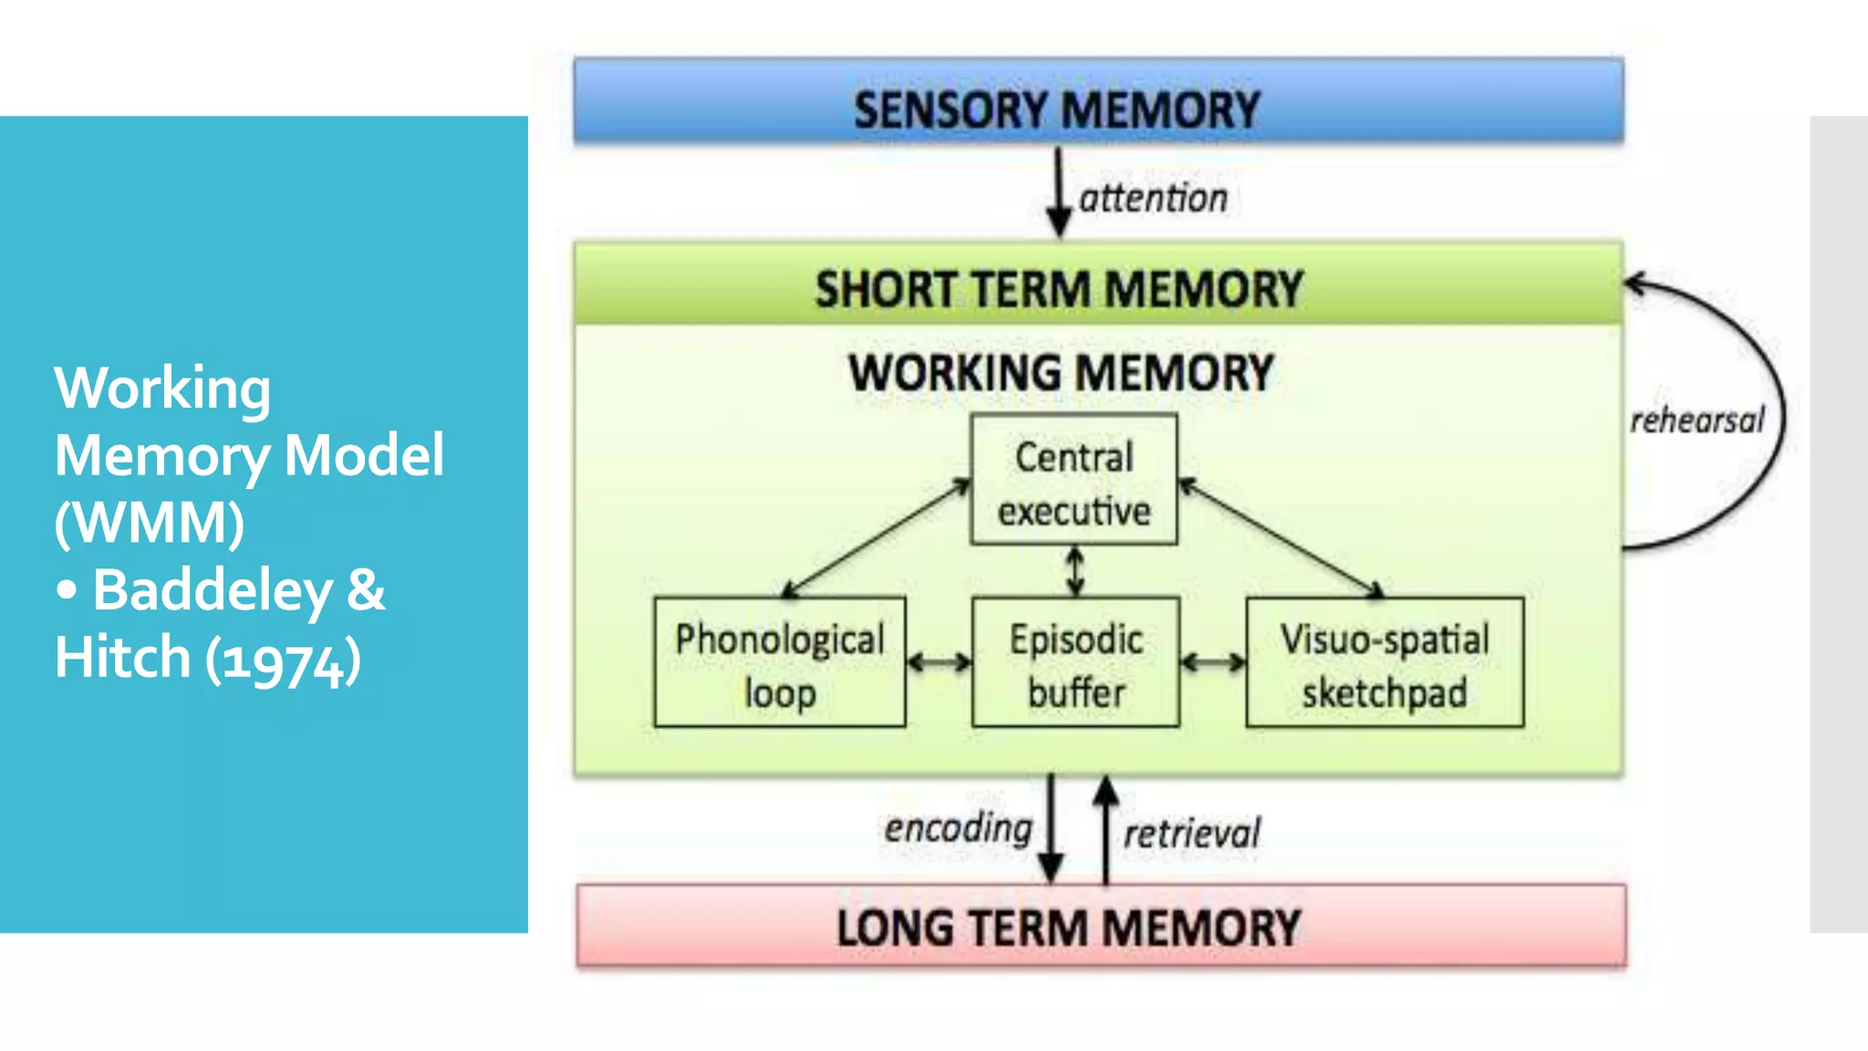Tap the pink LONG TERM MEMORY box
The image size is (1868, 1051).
tap(1101, 926)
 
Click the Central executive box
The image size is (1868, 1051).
tap(1074, 481)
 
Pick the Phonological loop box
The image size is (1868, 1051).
tap(780, 663)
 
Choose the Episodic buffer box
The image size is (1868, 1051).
tap(1075, 663)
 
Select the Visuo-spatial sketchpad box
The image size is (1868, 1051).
tap(1384, 663)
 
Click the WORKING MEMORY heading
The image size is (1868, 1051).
tap(1061, 373)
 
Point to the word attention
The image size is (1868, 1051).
tap(1153, 198)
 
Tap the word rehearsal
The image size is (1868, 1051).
tap(1697, 421)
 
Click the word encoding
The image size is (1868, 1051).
tap(958, 828)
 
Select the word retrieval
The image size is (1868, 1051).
tap(1191, 833)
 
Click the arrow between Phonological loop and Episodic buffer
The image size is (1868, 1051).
tap(939, 662)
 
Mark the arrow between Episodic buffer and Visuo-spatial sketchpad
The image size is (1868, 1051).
tap(1212, 662)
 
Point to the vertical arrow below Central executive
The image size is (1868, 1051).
tap(1075, 571)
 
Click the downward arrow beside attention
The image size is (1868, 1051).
tap(1058, 193)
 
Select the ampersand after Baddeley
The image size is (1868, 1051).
tap(366, 590)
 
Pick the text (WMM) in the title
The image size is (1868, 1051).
tap(150, 523)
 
